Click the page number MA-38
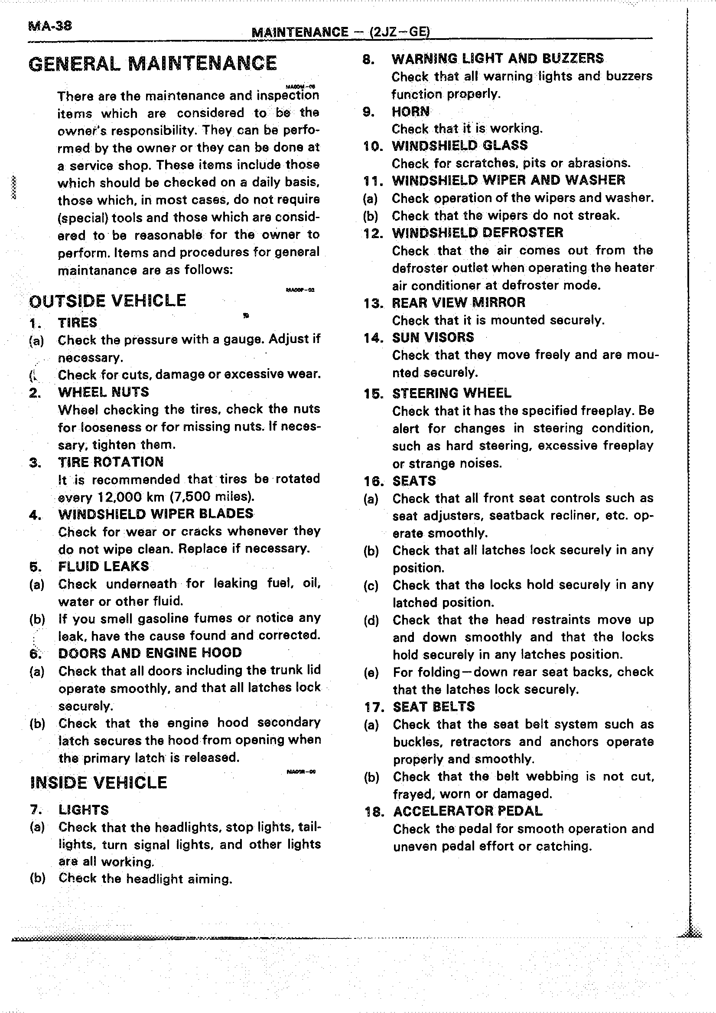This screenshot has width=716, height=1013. pyautogui.click(x=50, y=26)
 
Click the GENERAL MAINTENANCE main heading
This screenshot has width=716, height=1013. pyautogui.click(x=153, y=64)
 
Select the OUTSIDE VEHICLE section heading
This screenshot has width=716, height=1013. pyautogui.click(x=107, y=301)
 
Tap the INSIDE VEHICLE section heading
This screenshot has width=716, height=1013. pyautogui.click(x=99, y=782)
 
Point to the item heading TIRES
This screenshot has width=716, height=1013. pyautogui.click(x=77, y=323)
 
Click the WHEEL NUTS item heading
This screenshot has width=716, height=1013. pyautogui.click(x=103, y=392)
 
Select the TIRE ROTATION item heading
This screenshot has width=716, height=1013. pyautogui.click(x=111, y=462)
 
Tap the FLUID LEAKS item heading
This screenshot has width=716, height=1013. pyautogui.click(x=103, y=566)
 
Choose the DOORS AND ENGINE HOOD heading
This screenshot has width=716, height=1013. pyautogui.click(x=150, y=653)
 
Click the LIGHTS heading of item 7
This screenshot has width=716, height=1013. pyautogui.click(x=83, y=810)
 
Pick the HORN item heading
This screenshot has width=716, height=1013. pyautogui.click(x=410, y=111)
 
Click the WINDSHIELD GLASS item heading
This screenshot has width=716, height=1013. pyautogui.click(x=459, y=146)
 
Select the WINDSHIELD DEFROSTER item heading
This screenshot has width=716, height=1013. pyautogui.click(x=478, y=232)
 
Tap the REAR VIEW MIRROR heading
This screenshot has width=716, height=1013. pyautogui.click(x=459, y=303)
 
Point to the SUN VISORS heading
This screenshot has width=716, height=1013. pyautogui.click(x=433, y=337)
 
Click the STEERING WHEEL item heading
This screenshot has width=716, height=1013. pyautogui.click(x=452, y=393)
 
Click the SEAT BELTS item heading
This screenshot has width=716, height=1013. pyautogui.click(x=433, y=706)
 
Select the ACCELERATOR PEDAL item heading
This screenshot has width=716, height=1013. pyautogui.click(x=467, y=811)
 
